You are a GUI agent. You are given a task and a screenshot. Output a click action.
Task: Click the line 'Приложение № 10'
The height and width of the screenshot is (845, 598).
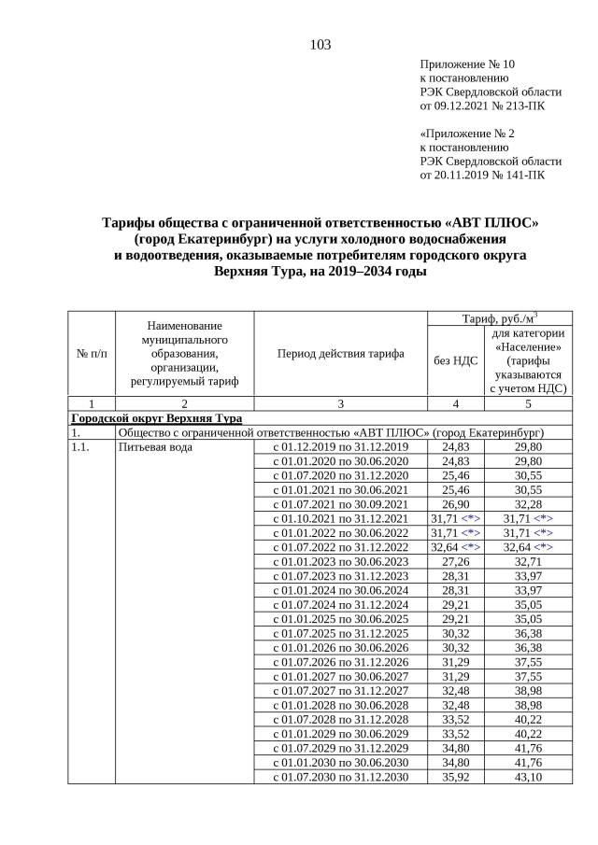(x=467, y=64)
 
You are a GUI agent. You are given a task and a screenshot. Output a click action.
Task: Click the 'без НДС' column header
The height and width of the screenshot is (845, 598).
(x=455, y=360)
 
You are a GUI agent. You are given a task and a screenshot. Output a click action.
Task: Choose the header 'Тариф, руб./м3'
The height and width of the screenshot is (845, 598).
(x=499, y=318)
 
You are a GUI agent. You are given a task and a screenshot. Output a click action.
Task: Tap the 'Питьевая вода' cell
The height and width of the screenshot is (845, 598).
(x=155, y=447)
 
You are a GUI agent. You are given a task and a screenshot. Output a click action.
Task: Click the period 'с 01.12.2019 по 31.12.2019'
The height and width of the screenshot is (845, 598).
(x=340, y=447)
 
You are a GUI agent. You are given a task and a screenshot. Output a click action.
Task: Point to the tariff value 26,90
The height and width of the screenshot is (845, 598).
(x=454, y=504)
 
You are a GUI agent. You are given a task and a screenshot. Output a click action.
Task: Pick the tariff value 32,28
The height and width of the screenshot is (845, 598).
(x=528, y=504)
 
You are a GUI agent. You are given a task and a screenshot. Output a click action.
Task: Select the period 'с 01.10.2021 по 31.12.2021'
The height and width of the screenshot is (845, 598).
(x=340, y=518)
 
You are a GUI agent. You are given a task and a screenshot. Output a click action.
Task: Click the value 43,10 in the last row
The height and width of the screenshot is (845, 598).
(x=528, y=777)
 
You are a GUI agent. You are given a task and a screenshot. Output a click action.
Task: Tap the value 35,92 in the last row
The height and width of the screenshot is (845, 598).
(x=454, y=777)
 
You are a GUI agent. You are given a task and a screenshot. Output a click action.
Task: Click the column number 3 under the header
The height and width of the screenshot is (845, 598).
(x=340, y=403)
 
